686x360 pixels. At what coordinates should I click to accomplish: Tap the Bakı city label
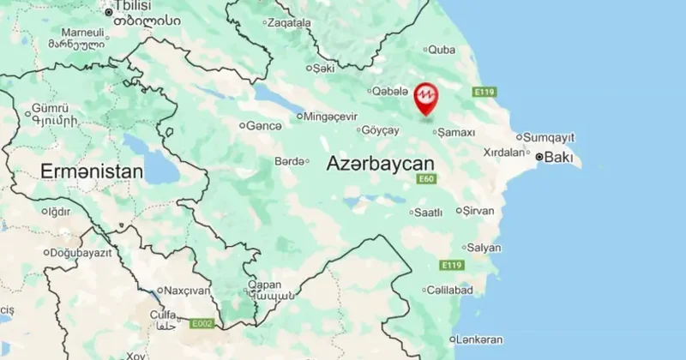click(x=561, y=158)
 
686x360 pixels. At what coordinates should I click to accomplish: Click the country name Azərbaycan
click(x=381, y=163)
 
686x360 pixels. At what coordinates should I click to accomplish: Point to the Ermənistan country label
click(x=91, y=172)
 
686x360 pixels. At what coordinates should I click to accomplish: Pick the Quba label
click(x=441, y=49)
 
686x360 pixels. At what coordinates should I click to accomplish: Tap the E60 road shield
click(x=426, y=178)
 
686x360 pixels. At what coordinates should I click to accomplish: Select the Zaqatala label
click(x=289, y=23)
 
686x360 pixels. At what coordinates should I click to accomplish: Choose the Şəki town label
click(x=324, y=67)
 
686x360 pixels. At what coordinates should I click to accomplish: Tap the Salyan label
click(x=484, y=248)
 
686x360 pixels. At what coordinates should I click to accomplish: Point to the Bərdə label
click(x=289, y=161)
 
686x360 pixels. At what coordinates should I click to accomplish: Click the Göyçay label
click(x=382, y=130)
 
